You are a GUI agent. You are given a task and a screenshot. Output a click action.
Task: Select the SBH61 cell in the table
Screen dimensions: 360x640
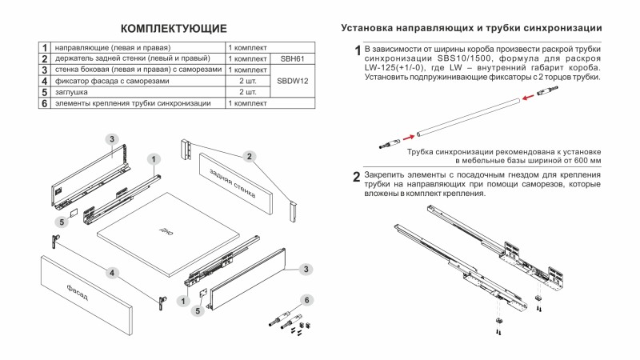tap(292, 59)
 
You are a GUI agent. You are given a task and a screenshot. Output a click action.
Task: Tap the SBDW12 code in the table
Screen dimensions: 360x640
tap(292, 82)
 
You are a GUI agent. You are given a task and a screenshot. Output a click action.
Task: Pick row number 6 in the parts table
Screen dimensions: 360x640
tap(45, 104)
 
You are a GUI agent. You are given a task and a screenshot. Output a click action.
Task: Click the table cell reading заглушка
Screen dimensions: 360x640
tap(72, 93)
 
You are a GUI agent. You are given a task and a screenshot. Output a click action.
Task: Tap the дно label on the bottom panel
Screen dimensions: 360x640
tap(165, 230)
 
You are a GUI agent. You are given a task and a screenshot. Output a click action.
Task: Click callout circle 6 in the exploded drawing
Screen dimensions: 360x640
tap(305, 300)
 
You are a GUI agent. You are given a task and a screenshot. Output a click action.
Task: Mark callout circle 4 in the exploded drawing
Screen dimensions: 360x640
tap(114, 273)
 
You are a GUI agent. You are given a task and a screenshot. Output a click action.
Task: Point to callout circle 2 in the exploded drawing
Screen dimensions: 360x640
tap(250, 156)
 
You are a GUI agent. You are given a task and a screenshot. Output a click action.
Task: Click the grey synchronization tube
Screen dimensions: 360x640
tap(465, 118)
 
